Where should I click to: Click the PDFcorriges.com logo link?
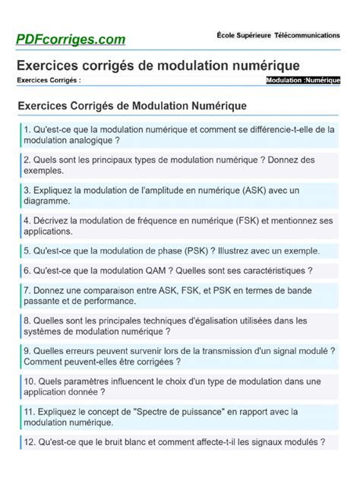coord(71,38)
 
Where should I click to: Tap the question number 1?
coord(27,129)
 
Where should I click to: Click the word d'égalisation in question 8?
coord(234,320)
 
